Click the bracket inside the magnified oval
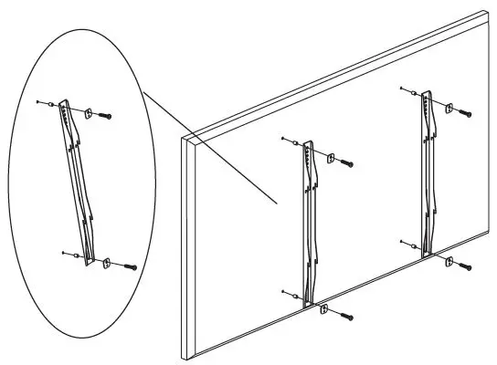[x=79, y=182]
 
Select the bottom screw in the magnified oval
[x=129, y=267]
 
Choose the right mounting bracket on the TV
[x=426, y=173]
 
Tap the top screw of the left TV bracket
[x=347, y=165]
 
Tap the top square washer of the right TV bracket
[x=448, y=109]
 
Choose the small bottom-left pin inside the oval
[x=60, y=252]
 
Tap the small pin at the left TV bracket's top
[x=284, y=140]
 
